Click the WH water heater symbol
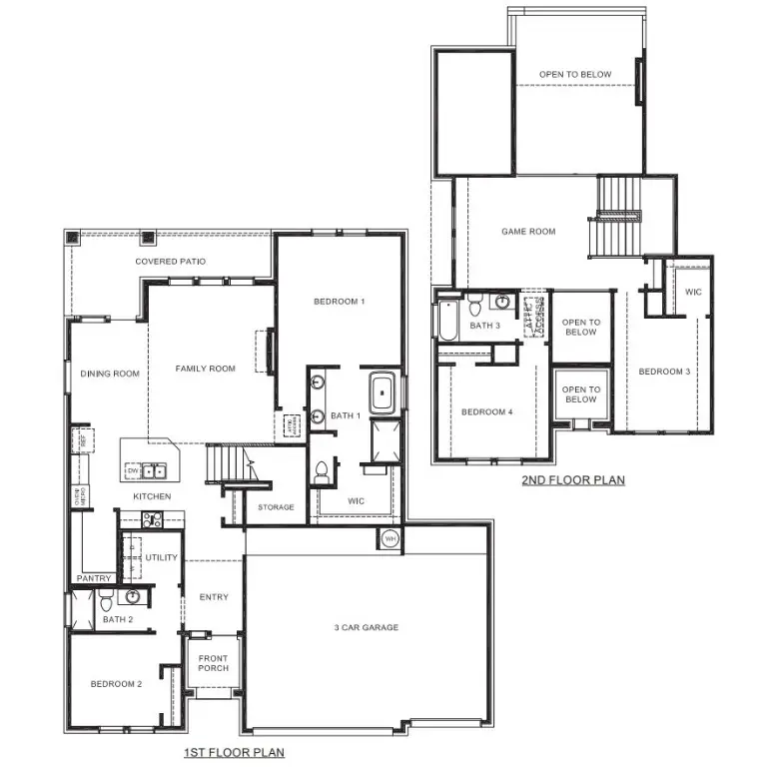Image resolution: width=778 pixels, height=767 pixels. [390, 539]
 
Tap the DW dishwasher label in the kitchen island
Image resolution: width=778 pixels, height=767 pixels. [131, 470]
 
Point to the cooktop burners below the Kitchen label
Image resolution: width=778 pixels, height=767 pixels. [151, 519]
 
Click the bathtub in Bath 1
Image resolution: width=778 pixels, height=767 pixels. [383, 393]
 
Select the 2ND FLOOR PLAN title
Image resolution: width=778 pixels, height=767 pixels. [572, 480]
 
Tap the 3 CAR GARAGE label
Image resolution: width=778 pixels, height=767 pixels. [367, 627]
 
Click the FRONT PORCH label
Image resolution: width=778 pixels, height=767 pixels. [212, 664]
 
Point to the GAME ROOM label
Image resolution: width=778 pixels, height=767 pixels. [528, 232]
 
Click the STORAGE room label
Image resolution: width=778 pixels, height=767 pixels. [276, 507]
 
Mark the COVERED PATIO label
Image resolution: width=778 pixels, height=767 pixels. [171, 262]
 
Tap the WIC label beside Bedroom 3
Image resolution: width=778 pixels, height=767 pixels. [692, 292]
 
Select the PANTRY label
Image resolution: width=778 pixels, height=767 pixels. [94, 578]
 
